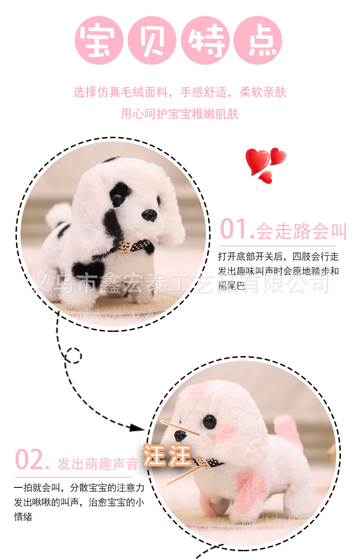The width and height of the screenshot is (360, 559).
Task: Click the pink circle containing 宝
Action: tap(99, 40)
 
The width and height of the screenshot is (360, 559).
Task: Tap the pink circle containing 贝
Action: tap(152, 40)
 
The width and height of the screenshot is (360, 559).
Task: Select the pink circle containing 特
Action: tap(205, 40)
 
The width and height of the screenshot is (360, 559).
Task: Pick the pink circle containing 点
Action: tap(258, 40)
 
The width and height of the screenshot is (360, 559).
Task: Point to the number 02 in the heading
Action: tap(30, 460)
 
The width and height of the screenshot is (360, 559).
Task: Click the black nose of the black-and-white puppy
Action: tap(149, 215)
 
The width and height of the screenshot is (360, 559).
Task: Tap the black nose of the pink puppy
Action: tap(180, 436)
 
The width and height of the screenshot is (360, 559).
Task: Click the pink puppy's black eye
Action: tap(209, 421)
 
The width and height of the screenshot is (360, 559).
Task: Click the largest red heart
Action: tap(257, 161)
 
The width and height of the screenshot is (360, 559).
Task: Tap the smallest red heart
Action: tap(266, 177)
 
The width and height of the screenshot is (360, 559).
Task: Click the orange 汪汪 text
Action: tap(167, 455)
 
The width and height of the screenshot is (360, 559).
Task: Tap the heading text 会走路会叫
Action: tap(301, 231)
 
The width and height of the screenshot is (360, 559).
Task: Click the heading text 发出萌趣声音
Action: tap(98, 464)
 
